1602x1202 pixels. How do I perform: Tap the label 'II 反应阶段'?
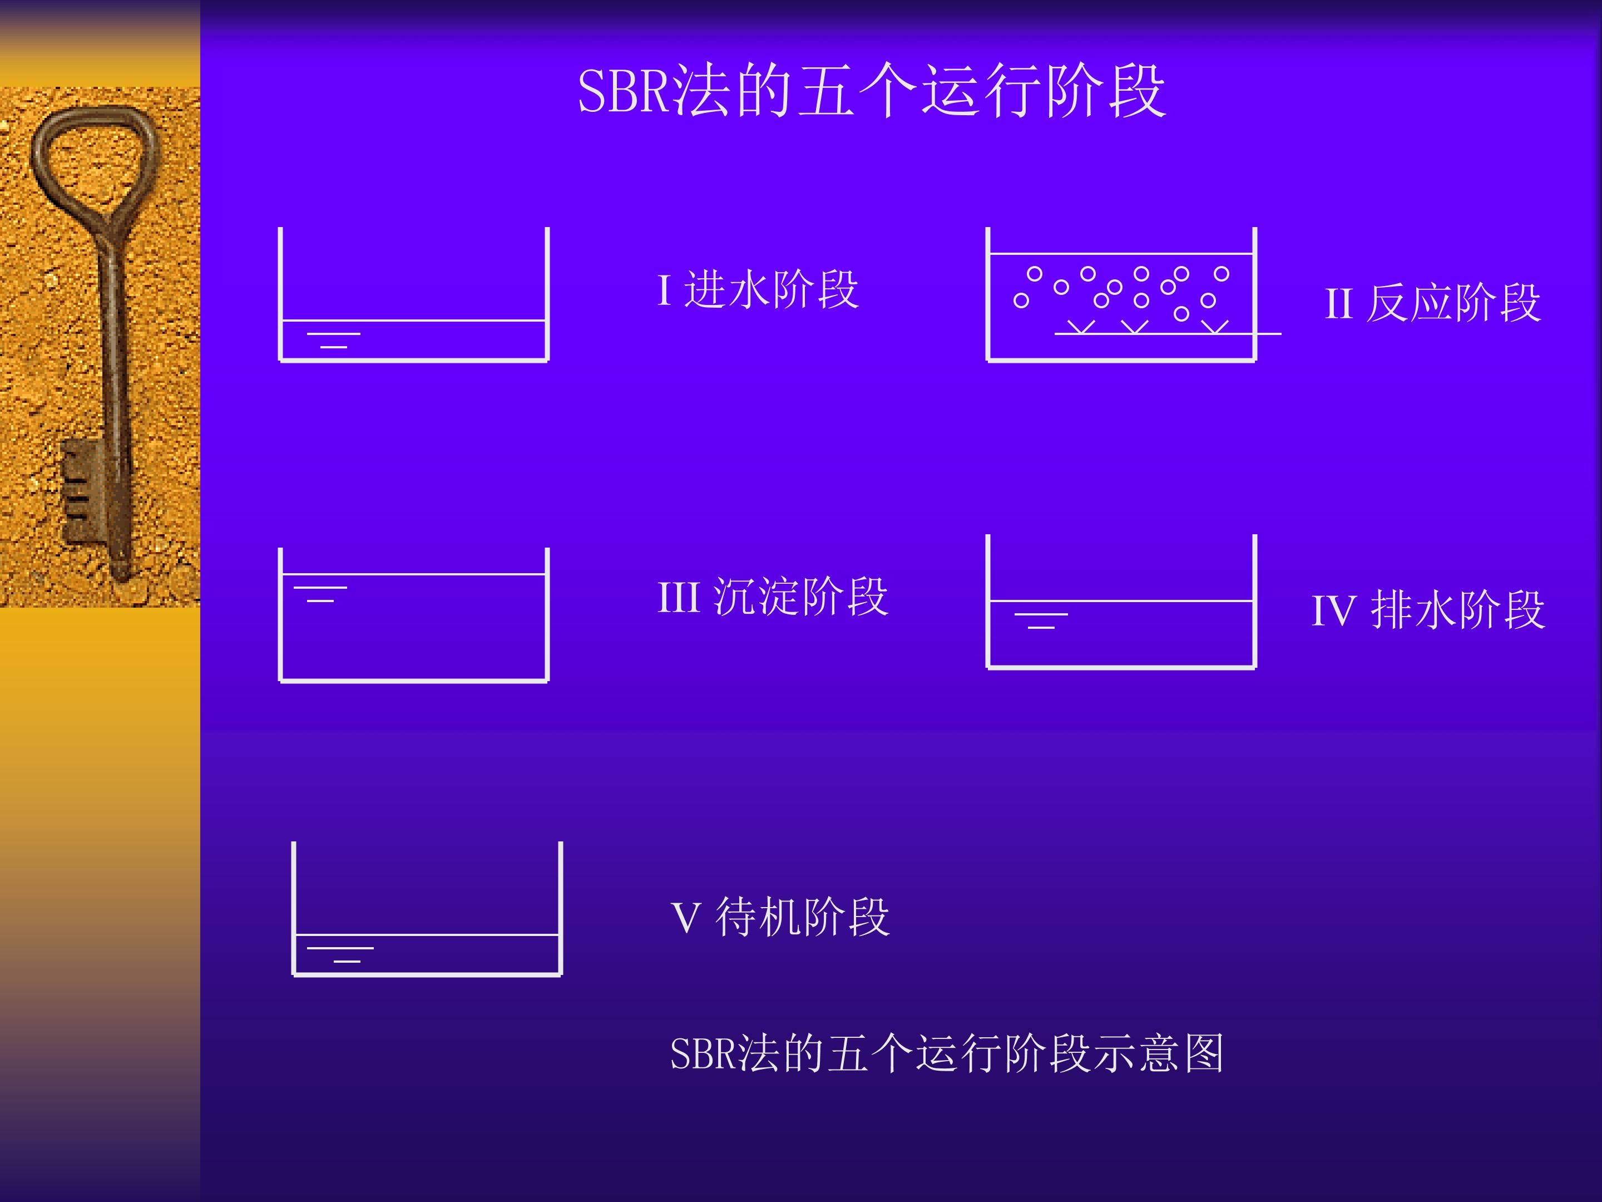1432,302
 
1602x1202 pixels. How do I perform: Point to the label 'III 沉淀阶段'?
772,597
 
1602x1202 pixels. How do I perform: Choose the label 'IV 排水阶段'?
1428,609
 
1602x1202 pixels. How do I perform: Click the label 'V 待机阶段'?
780,917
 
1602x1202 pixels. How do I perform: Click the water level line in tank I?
413,319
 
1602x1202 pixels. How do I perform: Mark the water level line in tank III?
413,574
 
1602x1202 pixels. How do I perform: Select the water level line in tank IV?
1121,600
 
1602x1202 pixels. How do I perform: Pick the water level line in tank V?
427,935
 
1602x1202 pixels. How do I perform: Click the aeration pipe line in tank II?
1168,333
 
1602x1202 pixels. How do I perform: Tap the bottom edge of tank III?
413,681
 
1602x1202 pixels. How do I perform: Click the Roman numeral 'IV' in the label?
1333,611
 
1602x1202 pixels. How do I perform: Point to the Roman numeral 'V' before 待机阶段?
685,918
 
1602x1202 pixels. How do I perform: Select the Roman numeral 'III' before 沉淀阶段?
679,598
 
